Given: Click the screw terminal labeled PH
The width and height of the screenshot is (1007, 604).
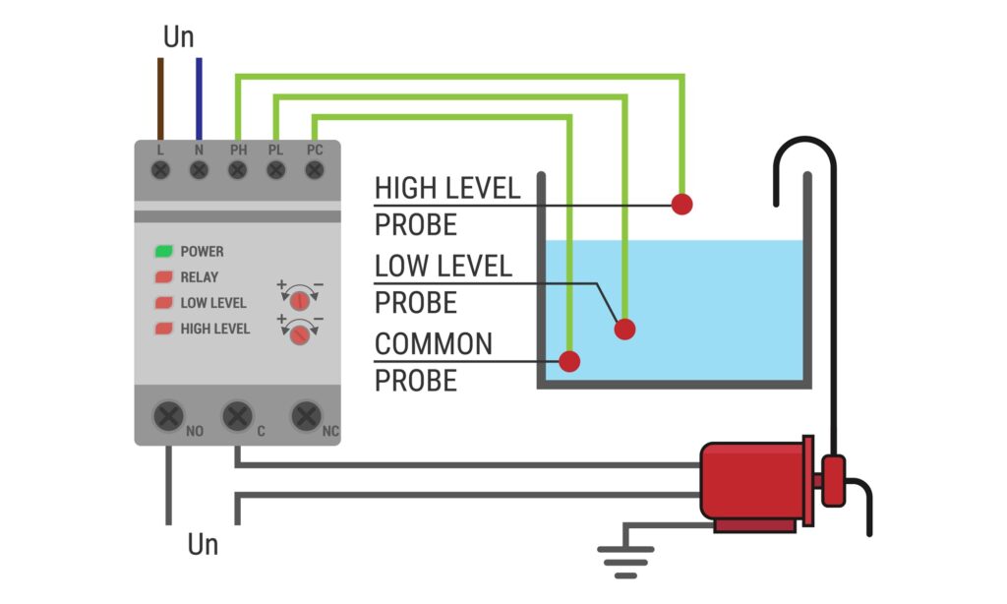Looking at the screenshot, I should click(237, 170).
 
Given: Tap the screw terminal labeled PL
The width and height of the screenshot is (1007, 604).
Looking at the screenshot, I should click(275, 170).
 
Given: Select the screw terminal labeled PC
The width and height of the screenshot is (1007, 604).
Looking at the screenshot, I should click(315, 170).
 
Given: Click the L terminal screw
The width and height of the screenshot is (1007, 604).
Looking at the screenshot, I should click(160, 170).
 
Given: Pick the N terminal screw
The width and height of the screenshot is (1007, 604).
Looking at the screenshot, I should click(199, 170).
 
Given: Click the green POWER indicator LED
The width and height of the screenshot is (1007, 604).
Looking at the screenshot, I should click(163, 252).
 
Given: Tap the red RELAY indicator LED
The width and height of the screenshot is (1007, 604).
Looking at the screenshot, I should click(163, 277).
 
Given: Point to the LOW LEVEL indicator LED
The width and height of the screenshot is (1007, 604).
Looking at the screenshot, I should click(163, 303).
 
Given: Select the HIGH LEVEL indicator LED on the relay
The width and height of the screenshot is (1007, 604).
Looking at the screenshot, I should click(163, 329).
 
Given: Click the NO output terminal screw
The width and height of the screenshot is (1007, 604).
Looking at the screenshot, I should click(168, 416).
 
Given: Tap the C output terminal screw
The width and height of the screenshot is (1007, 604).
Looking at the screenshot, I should click(236, 416).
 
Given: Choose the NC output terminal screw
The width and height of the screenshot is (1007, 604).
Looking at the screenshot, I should click(306, 416).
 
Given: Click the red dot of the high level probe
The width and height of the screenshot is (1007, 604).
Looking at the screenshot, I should click(681, 204).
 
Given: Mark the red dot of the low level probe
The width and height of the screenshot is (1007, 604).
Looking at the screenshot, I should click(625, 329).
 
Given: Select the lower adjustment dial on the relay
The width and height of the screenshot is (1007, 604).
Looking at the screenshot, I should click(301, 334).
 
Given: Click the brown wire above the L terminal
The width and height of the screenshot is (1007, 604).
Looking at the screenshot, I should click(160, 98).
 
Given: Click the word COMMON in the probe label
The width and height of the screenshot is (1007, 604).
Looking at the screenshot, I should click(434, 345).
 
